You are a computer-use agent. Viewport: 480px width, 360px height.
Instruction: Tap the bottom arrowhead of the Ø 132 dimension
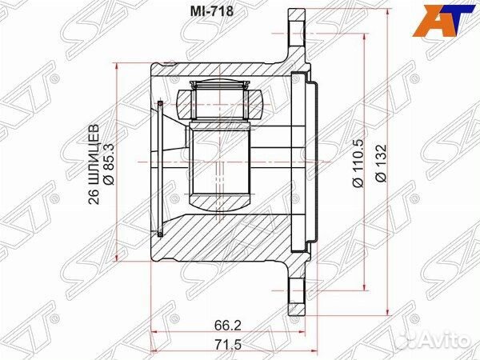[386, 310]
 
